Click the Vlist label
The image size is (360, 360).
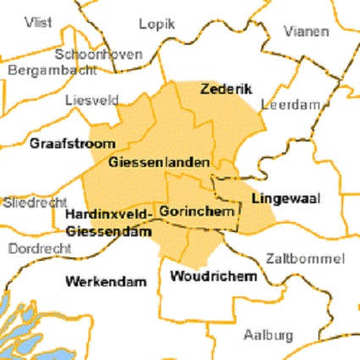click(x=39, y=20)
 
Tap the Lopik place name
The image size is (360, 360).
click(x=157, y=25)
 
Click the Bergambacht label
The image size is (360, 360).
click(x=43, y=70)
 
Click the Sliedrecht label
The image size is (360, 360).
click(x=30, y=203)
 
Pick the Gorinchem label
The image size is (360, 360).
click(x=196, y=210)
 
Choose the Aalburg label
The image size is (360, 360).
click(x=269, y=333)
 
